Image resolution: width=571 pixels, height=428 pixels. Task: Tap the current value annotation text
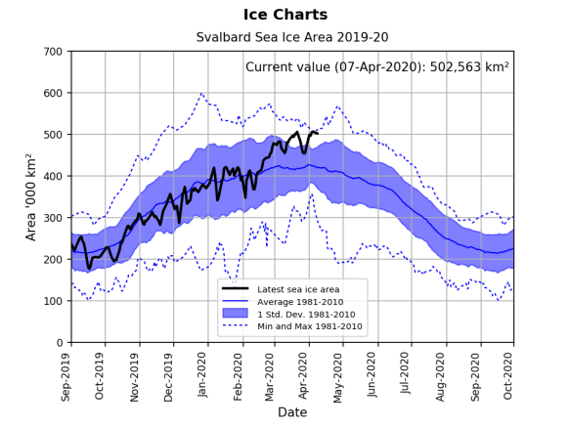[x=376, y=67]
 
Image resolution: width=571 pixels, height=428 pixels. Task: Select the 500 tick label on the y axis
[x=53, y=135]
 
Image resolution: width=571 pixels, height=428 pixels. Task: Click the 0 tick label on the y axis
[x=60, y=343]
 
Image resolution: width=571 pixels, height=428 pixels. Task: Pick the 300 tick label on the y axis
[x=53, y=218]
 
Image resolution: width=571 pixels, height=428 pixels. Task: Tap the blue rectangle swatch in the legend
[x=236, y=313]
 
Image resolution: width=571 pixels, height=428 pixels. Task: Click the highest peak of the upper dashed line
[x=201, y=94]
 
